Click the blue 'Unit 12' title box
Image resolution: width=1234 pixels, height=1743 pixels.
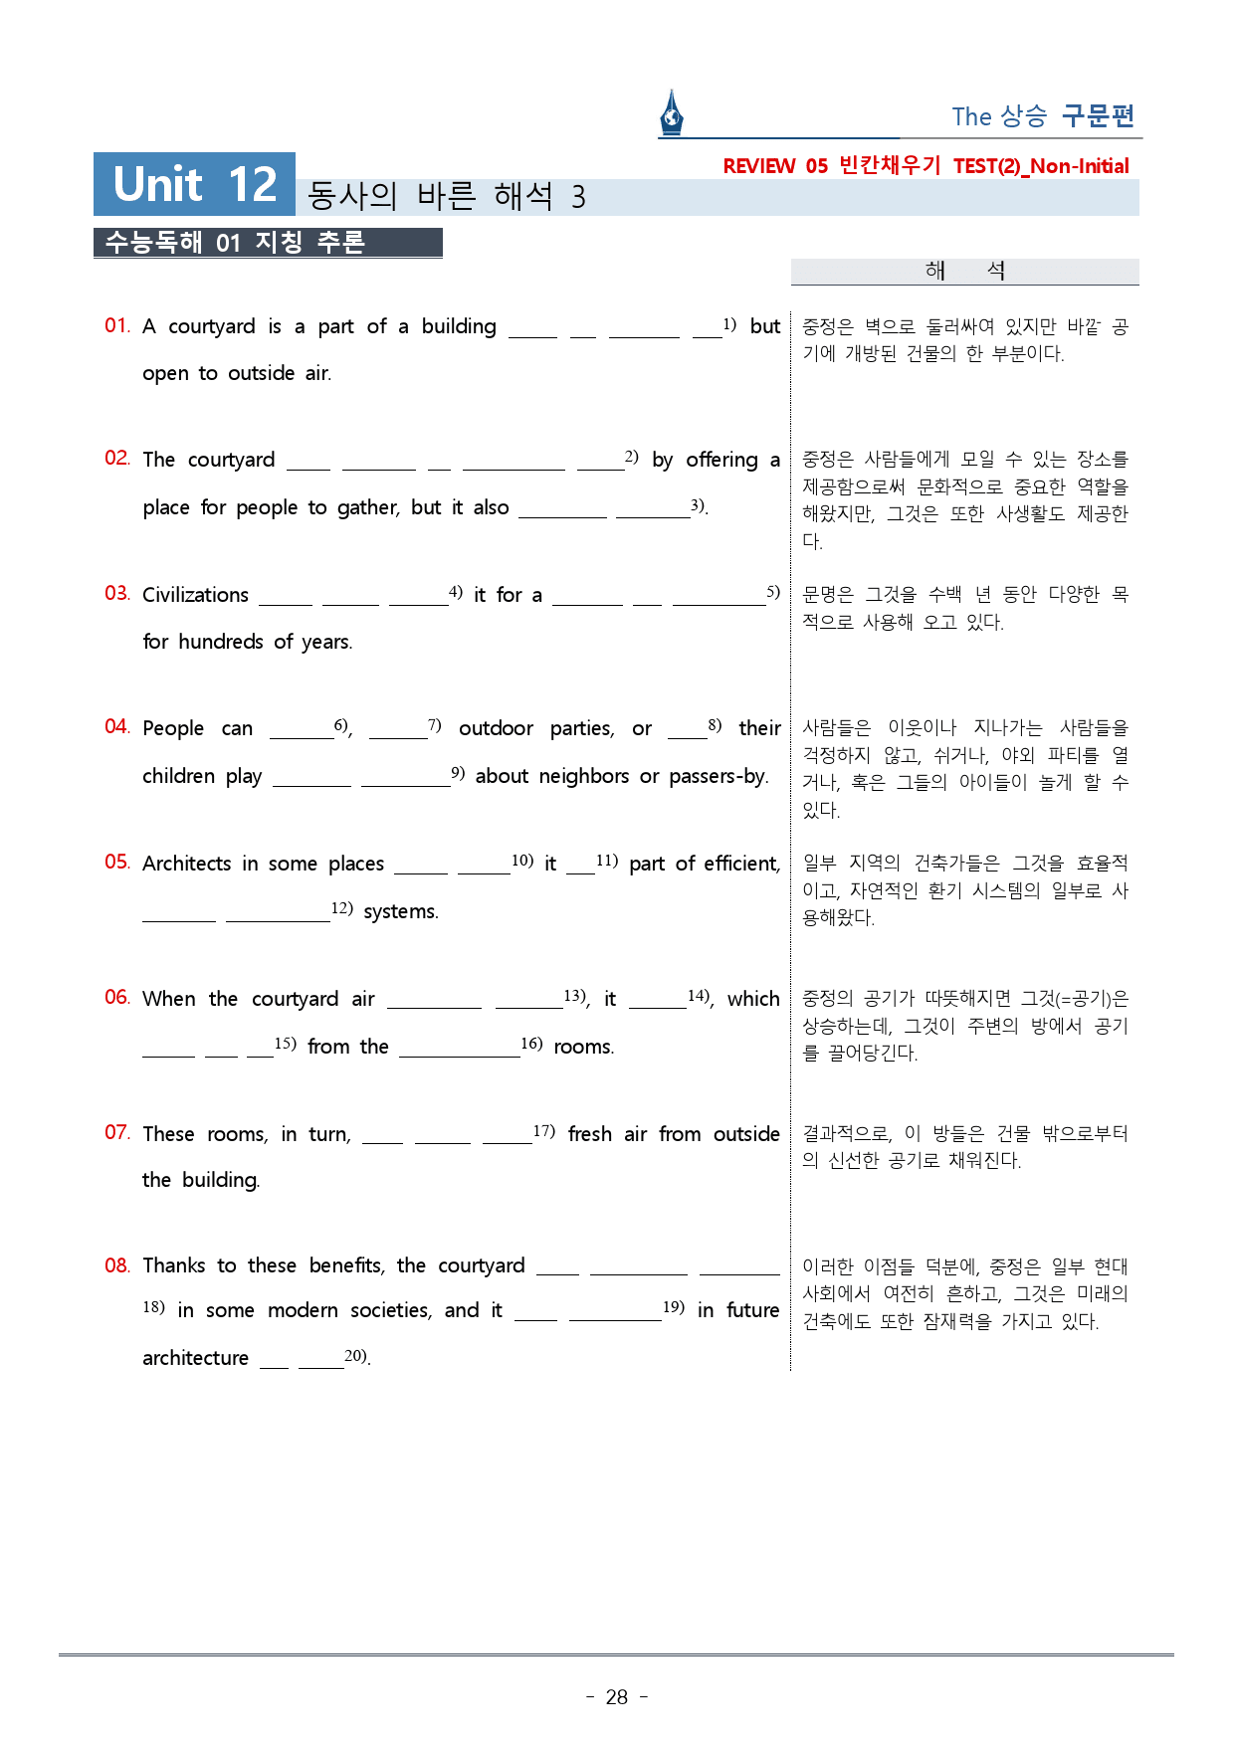click(x=194, y=184)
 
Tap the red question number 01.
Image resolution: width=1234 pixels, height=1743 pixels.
click(x=116, y=325)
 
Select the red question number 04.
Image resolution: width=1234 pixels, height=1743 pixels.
click(x=116, y=726)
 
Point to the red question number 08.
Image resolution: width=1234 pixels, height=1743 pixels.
click(x=116, y=1265)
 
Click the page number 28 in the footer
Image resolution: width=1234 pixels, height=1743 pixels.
click(x=617, y=1697)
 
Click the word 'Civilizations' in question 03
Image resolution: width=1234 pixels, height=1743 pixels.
click(x=195, y=595)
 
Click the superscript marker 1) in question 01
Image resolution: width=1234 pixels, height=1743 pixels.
click(x=729, y=324)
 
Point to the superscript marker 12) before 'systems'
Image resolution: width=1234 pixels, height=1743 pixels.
click(x=341, y=907)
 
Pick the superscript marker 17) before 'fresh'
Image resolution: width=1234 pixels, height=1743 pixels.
click(x=543, y=1130)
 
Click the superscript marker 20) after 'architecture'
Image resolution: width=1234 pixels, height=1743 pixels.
click(x=355, y=1355)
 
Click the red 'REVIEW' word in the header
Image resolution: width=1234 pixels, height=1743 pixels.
click(x=758, y=166)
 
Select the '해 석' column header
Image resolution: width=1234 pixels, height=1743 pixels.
click(x=964, y=271)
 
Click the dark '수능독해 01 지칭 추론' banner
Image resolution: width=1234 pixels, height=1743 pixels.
click(x=267, y=243)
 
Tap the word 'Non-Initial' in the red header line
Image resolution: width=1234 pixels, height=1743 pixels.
click(x=1080, y=166)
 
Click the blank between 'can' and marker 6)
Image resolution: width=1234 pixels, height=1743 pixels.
click(x=302, y=729)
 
